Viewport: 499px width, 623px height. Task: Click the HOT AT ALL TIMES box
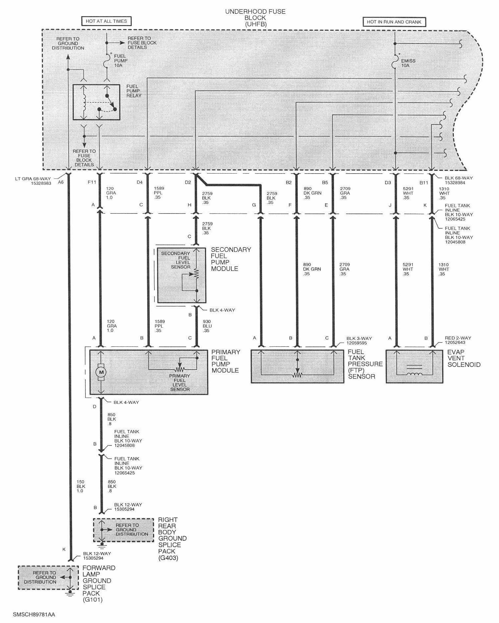106,21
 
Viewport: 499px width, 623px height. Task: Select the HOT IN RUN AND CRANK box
394,22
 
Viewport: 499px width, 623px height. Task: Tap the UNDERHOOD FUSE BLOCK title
255,18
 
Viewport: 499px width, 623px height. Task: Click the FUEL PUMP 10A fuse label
121,61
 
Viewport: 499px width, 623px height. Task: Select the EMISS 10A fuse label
408,63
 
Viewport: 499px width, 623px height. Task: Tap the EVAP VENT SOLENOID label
464,358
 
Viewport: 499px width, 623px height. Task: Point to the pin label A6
61,182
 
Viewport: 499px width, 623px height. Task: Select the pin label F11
92,182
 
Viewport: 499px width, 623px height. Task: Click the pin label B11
424,182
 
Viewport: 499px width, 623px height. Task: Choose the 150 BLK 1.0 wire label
81,486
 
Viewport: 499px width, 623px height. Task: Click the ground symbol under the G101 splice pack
70,594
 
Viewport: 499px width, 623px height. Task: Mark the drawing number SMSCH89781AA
34,614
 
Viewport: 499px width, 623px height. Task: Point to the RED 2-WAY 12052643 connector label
458,340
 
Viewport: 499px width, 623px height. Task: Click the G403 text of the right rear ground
168,558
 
